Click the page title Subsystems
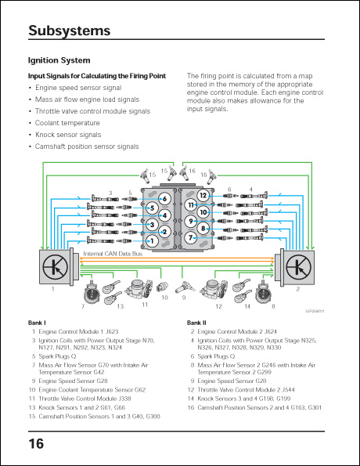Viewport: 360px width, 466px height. tap(69, 31)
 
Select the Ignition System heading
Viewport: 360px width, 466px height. tap(59, 60)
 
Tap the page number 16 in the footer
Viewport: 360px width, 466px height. tap(36, 444)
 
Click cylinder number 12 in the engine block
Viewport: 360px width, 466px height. tap(203, 195)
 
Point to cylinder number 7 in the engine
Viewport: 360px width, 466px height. tap(191, 237)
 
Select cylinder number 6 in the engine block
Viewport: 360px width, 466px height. tap(164, 199)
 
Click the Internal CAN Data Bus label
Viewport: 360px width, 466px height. tap(113, 254)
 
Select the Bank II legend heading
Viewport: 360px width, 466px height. tap(196, 323)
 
